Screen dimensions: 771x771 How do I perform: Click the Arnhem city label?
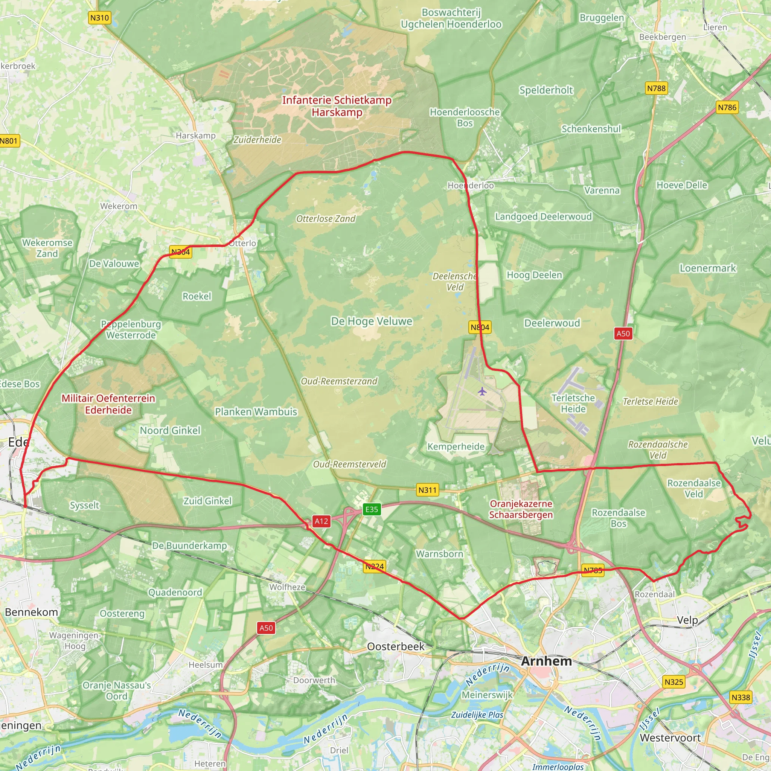point(546,661)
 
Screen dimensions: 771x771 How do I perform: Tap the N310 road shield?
point(99,18)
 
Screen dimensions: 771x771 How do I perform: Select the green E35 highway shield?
point(372,509)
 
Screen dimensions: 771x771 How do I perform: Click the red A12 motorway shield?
point(321,521)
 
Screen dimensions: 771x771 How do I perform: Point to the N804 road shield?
point(480,327)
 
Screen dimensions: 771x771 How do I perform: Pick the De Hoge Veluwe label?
point(372,321)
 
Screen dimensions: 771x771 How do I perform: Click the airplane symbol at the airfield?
point(483,391)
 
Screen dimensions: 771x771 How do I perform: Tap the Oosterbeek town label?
point(396,646)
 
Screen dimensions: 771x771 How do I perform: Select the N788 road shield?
point(657,88)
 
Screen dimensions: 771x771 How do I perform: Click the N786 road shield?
point(727,107)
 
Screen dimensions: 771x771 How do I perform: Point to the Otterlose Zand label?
point(326,219)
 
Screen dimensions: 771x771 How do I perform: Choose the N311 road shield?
point(427,490)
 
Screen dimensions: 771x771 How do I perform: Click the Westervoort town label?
point(670,738)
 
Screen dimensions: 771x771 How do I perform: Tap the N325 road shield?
point(674,682)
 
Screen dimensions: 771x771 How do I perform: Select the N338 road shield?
point(741,697)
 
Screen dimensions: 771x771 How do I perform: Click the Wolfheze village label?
point(287,587)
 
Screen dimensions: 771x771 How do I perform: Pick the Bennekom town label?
point(32,612)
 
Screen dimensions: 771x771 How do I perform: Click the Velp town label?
point(687,620)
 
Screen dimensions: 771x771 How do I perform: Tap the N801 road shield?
point(9,141)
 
